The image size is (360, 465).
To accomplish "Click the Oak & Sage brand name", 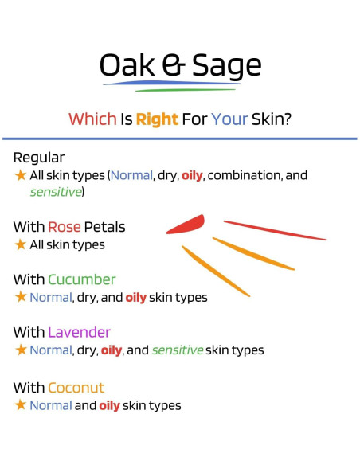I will (180, 65).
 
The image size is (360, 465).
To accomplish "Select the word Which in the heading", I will (92, 120).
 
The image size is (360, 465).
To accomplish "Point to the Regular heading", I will (39, 158).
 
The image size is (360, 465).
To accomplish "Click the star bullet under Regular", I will (21, 175).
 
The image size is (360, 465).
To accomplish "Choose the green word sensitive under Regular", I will (55, 192).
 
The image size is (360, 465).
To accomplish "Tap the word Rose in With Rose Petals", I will (64, 227).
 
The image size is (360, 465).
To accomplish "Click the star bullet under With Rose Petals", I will (21, 244).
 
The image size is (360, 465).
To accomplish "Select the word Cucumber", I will (81, 279).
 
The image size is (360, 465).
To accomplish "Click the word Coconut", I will (76, 388).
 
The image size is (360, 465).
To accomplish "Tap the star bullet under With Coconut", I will (21, 405).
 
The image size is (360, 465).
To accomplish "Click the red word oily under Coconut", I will (109, 405).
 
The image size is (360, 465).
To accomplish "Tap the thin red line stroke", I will (275, 230).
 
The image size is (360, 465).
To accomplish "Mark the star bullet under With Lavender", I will (21, 350).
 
